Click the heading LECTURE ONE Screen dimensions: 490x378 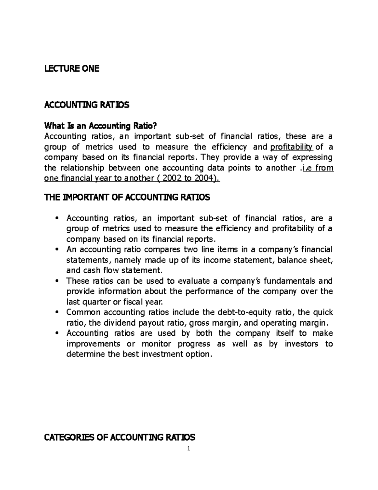(x=72, y=68)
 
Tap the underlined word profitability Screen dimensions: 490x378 (x=289, y=147)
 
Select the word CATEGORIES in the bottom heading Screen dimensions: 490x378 (x=69, y=437)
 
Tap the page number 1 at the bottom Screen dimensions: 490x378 (x=189, y=449)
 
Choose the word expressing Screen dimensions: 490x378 (x=312, y=157)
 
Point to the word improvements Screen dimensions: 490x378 (x=93, y=344)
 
